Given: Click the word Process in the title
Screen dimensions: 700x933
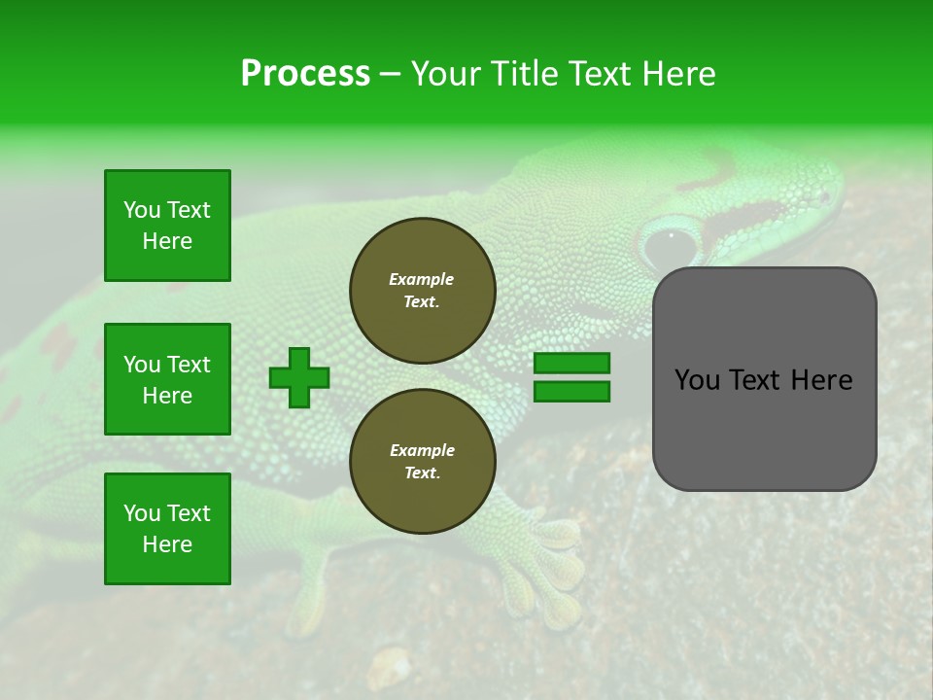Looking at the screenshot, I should [x=305, y=74].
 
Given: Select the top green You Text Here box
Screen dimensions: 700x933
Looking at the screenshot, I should [x=167, y=226].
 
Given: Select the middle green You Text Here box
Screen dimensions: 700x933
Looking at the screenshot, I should [x=167, y=379].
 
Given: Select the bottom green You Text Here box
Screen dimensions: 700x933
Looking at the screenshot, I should [x=167, y=529].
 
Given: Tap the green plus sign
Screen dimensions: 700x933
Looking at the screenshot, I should [x=299, y=377].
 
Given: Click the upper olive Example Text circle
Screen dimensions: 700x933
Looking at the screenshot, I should [x=423, y=291].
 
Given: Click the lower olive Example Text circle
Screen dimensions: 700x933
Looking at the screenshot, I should [x=423, y=462].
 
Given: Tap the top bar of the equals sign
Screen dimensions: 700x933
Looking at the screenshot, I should [x=571, y=364].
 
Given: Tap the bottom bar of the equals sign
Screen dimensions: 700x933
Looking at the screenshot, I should [x=571, y=391].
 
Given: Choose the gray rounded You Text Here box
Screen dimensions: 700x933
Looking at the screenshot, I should [x=764, y=379].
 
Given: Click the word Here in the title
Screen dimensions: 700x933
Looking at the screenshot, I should [x=679, y=74].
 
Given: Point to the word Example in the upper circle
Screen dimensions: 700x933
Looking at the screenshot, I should [x=422, y=279].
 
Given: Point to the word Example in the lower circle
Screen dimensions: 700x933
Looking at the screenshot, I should [x=422, y=450].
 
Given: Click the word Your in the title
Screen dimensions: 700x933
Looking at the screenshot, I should [x=445, y=74].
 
